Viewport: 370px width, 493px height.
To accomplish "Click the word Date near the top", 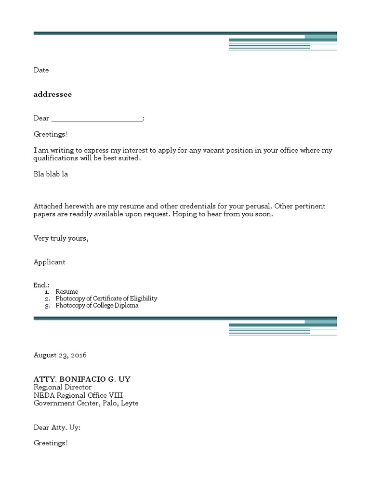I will point(41,70).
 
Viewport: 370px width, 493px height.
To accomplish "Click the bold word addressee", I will point(53,94).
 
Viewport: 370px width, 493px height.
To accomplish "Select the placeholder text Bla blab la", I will point(51,174).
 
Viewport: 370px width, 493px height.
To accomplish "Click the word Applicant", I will point(49,262).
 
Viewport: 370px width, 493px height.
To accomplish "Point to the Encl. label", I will point(41,285).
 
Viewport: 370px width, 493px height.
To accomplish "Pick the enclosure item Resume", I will point(66,292).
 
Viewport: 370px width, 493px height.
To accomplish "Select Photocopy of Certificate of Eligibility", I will point(106,298).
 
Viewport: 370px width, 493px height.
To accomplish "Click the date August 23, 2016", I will point(60,355).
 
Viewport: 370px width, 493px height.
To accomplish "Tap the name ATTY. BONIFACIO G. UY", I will point(81,379).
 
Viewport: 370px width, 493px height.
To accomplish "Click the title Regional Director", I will point(62,387).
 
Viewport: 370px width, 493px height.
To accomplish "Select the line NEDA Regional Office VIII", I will point(75,395).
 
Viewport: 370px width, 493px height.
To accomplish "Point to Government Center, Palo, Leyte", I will point(86,403).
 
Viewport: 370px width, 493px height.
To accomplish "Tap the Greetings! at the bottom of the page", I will point(51,443).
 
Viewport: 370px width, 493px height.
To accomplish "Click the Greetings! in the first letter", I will point(51,135).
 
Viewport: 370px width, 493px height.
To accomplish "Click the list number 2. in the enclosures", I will point(47,298).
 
